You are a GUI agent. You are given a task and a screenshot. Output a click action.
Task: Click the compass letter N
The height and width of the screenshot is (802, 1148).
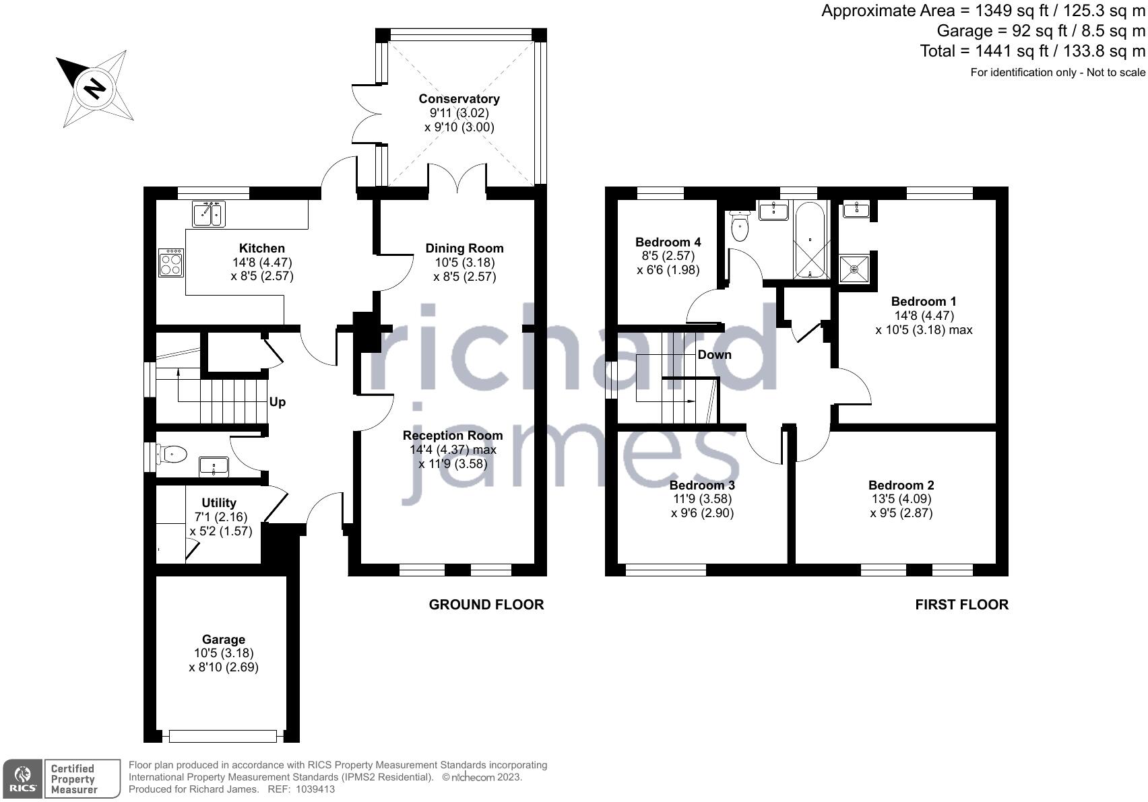95,88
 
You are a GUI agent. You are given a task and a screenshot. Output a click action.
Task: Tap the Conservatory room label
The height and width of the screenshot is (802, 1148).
459,99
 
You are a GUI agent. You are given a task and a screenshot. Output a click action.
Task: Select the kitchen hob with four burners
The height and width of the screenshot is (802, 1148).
171,263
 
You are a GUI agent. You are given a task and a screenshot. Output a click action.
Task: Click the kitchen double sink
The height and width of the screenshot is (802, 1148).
208,214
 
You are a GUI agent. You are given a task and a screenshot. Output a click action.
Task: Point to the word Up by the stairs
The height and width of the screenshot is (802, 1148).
278,402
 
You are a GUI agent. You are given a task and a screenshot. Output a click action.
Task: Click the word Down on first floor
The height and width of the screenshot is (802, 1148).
714,354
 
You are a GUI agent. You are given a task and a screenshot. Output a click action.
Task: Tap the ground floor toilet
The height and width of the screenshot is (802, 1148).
172,455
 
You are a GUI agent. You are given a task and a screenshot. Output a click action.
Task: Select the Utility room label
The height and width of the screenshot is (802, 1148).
219,503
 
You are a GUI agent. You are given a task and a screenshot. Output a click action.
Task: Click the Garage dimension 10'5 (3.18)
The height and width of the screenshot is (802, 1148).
224,653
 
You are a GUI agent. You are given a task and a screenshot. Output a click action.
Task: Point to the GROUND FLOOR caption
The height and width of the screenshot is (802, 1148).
486,605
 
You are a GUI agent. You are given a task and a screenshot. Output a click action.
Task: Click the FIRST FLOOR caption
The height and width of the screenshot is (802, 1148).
961,605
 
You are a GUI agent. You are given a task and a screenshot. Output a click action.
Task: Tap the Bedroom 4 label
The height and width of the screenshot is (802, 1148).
668,242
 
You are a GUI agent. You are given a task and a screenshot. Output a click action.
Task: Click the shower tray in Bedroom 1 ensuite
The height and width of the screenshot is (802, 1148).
854,269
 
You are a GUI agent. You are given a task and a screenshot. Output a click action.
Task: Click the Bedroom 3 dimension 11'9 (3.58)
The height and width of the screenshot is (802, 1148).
702,499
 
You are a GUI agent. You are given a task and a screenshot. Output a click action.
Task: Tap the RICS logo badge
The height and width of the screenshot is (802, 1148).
23,778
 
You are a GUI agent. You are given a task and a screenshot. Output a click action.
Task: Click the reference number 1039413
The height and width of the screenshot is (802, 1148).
311,789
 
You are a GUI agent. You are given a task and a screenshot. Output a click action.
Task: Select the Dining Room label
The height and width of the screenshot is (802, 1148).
464,248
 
